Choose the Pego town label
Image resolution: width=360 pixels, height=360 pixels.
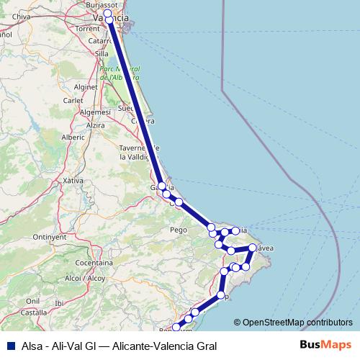tap(179, 230)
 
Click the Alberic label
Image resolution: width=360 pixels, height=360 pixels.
tap(73, 136)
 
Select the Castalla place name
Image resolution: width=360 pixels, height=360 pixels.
tap(33, 312)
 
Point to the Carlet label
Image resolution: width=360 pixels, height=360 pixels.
tap(73, 101)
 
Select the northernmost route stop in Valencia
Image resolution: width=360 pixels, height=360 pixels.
tap(108, 14)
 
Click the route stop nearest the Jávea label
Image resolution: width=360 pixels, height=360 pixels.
tap(252, 248)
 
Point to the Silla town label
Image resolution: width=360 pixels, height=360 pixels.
tap(101, 53)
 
